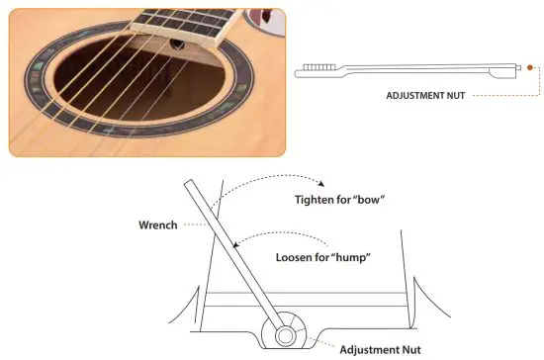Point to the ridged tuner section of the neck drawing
(317, 66)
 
